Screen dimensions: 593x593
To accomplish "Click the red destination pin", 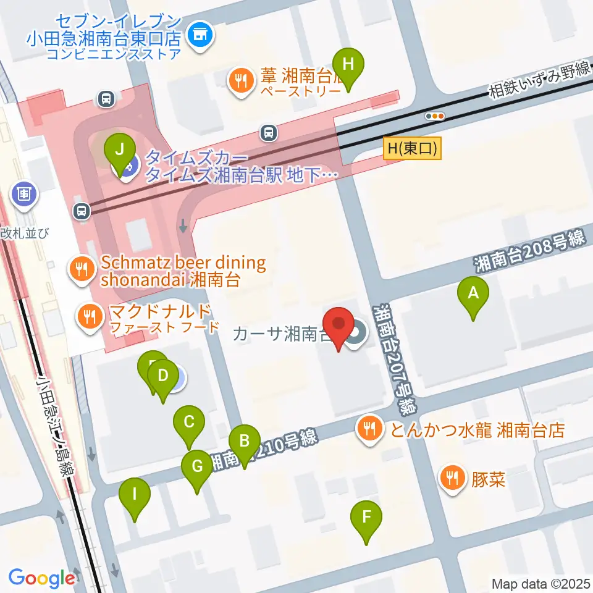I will click(339, 325).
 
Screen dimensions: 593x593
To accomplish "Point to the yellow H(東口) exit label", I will click(413, 149).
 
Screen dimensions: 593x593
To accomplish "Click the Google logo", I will click(41, 578).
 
